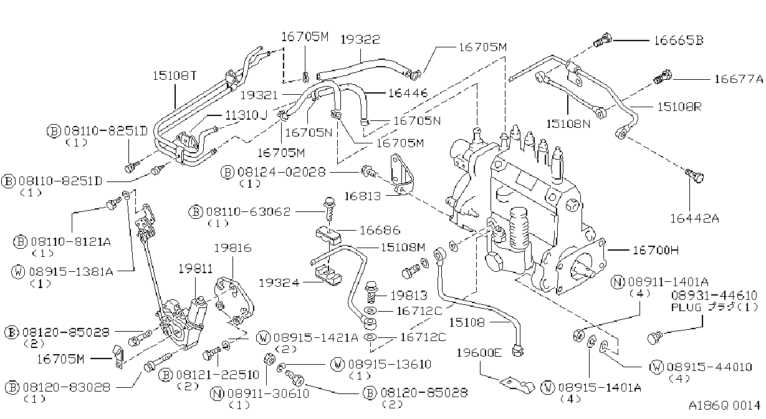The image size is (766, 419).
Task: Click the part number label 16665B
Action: (679, 41)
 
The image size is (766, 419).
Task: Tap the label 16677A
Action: (739, 79)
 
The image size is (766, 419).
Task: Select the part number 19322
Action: (360, 39)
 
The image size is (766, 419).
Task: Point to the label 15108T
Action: (175, 75)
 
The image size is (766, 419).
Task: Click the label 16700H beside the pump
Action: (656, 250)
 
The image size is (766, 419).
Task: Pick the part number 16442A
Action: (694, 218)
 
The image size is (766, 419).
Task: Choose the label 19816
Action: (233, 248)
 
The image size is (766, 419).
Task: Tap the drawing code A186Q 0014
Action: (724, 405)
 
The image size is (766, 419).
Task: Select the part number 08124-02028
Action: (282, 171)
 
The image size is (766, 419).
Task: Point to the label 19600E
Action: (479, 352)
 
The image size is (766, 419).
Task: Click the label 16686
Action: (380, 230)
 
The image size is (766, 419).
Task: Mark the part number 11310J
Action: (246, 115)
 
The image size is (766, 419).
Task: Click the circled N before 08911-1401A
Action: (618, 282)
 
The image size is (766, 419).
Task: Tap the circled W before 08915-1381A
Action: (18, 272)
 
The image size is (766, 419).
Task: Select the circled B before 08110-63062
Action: (195, 212)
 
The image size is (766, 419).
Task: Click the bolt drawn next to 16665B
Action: (602, 40)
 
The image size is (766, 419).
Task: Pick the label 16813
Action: (363, 196)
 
